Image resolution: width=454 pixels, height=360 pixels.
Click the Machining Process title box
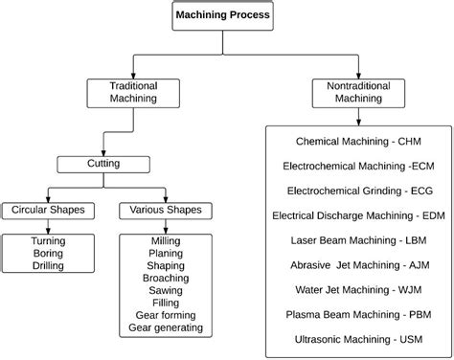click(223, 16)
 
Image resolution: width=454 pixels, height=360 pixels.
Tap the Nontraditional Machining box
click(359, 92)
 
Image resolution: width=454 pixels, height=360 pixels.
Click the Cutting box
click(103, 164)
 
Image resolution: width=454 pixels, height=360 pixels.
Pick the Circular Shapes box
click(47, 210)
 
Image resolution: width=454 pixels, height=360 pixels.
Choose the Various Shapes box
click(166, 210)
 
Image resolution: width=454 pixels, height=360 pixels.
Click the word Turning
click(47, 241)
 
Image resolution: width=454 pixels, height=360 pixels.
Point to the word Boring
click(47, 254)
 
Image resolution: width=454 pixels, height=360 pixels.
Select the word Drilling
click(47, 266)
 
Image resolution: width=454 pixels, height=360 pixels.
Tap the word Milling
click(166, 241)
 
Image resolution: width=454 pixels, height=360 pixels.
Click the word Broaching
click(166, 279)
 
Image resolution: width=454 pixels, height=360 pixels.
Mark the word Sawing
click(166, 291)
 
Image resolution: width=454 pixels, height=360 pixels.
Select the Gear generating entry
click(166, 328)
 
